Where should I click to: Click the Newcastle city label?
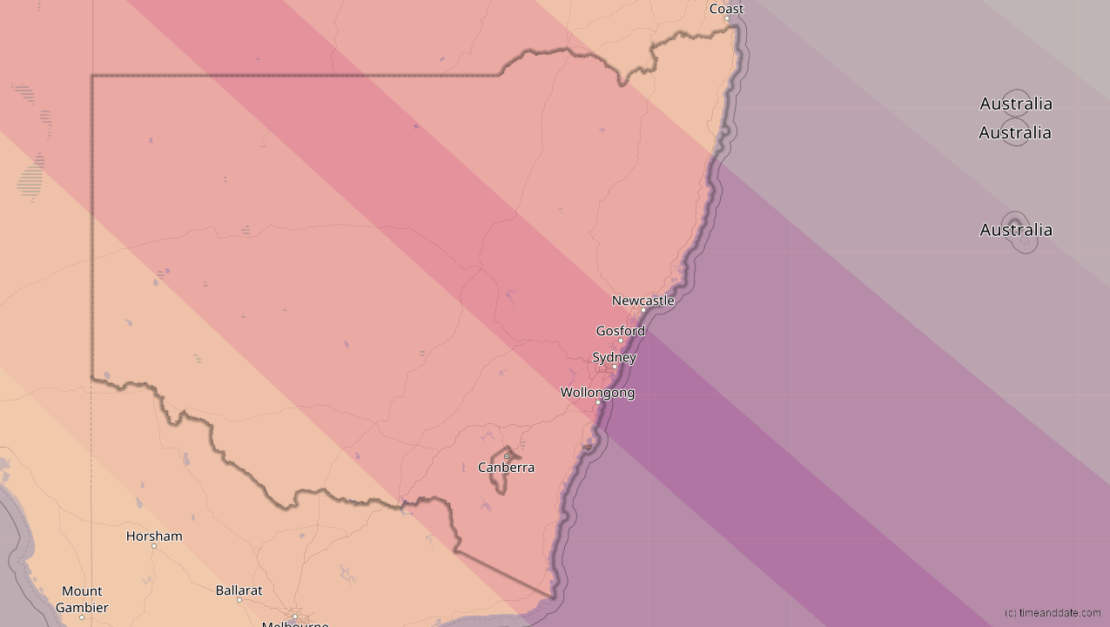pyautogui.click(x=642, y=300)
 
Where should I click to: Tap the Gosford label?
pyautogui.click(x=620, y=331)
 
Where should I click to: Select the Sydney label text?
pyautogui.click(x=614, y=357)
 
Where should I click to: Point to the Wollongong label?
pyautogui.click(x=597, y=393)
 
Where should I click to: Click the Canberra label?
pyautogui.click(x=506, y=468)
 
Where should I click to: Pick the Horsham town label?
pyautogui.click(x=154, y=536)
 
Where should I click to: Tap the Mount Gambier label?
pyautogui.click(x=82, y=599)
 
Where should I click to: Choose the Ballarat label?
pyautogui.click(x=239, y=590)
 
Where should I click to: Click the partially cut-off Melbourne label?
pyautogui.click(x=295, y=623)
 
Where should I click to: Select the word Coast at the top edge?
pyautogui.click(x=726, y=9)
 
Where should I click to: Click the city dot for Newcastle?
pyautogui.click(x=643, y=310)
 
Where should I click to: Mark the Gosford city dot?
pyautogui.click(x=621, y=340)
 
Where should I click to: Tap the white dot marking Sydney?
pyautogui.click(x=615, y=367)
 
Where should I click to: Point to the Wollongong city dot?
pyautogui.click(x=598, y=402)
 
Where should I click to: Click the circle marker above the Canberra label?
pyautogui.click(x=507, y=456)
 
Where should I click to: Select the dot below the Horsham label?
pyautogui.click(x=154, y=546)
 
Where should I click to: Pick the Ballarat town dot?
pyautogui.click(x=239, y=600)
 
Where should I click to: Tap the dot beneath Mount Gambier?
pyautogui.click(x=82, y=617)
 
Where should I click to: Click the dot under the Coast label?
pyautogui.click(x=727, y=18)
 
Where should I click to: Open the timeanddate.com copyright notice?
pyautogui.click(x=1052, y=613)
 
